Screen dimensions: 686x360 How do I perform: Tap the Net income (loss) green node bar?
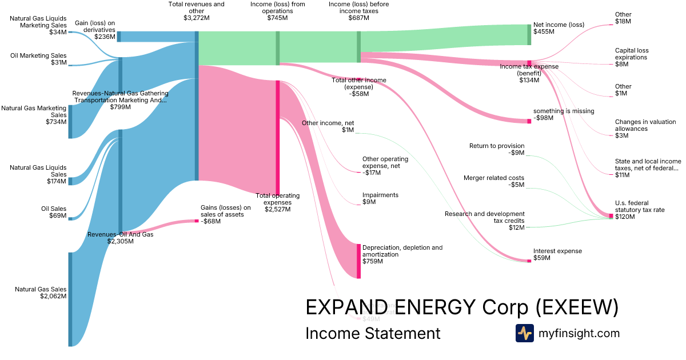pyautogui.click(x=529, y=34)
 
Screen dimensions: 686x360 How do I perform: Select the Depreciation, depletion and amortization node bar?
pyautogui.click(x=358, y=261)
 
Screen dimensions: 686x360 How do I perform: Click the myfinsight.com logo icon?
pyautogui.click(x=524, y=333)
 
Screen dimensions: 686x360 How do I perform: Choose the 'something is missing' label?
pyautogui.click(x=563, y=114)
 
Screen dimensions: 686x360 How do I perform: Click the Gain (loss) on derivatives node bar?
pyautogui.click(x=119, y=37)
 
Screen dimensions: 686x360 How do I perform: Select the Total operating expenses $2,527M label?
pyautogui.click(x=277, y=202)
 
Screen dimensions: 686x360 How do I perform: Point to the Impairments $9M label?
pyautogui.click(x=380, y=198)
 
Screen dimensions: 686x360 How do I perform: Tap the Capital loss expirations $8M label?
pyautogui.click(x=632, y=57)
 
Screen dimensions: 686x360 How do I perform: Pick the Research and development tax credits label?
pyautogui.click(x=493, y=221)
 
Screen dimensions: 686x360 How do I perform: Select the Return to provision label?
pyautogui.click(x=496, y=149)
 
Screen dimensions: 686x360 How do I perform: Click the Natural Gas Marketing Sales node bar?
pyautogui.click(x=70, y=122)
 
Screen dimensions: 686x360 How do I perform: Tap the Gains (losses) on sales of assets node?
pyautogui.click(x=196, y=221)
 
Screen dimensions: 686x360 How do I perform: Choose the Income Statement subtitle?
pyautogui.click(x=373, y=333)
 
